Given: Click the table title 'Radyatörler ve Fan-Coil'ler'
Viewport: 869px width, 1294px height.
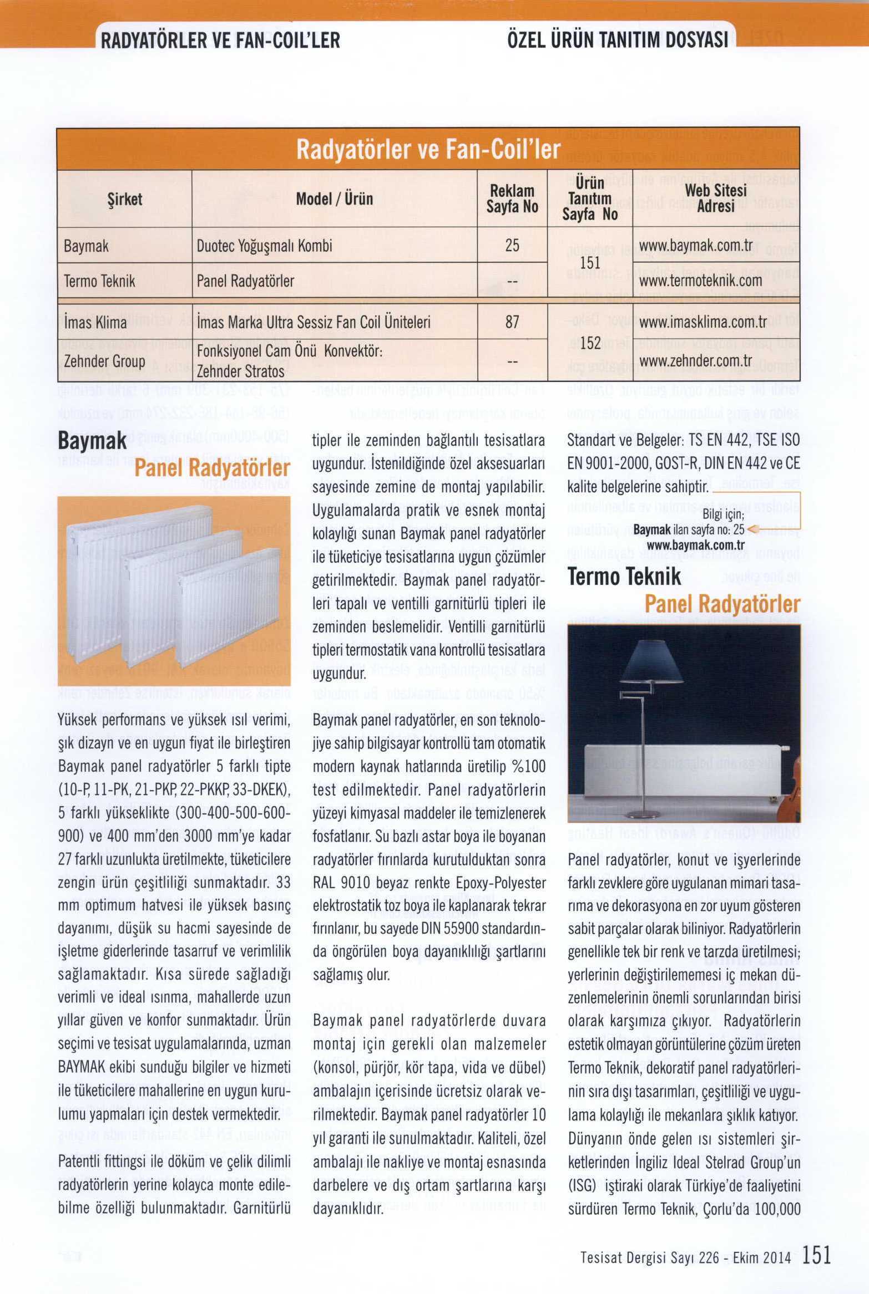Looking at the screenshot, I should tap(428, 149).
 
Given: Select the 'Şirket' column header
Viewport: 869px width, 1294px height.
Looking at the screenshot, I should tap(125, 200).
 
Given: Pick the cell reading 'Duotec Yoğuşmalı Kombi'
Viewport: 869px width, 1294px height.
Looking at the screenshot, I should tap(265, 246).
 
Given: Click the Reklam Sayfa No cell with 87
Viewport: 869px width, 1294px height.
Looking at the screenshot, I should tap(512, 322).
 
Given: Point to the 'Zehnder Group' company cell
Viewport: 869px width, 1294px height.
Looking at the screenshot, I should tap(105, 361).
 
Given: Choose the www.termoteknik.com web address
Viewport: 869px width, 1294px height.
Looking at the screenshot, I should tap(701, 281).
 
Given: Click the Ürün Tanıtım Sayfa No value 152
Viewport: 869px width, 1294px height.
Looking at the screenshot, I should tap(590, 343).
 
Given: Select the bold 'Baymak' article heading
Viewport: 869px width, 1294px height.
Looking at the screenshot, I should tap(93, 442).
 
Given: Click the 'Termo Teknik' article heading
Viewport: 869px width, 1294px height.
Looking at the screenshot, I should tap(624, 577).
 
